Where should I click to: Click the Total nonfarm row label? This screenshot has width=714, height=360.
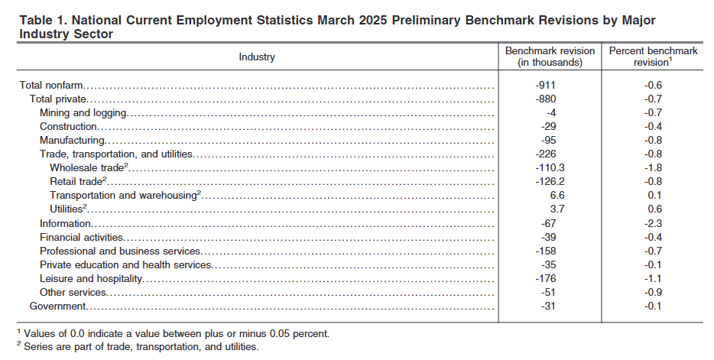pos(51,85)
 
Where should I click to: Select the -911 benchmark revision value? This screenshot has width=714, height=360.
pos(546,85)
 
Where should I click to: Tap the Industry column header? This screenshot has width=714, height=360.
pos(257,57)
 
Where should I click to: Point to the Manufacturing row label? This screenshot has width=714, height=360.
pos(73,140)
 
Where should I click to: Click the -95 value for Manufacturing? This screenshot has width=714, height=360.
pos(549,140)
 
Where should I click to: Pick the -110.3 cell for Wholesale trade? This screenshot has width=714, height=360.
pos(550,168)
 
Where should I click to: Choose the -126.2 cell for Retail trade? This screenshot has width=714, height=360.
pos(550,182)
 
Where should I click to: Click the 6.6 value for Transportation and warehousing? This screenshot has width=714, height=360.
pos(557,195)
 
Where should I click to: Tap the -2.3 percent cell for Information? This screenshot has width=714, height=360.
pos(653,223)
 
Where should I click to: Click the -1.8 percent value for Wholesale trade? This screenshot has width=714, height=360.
pos(653,168)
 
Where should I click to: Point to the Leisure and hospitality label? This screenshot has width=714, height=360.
pos(91,278)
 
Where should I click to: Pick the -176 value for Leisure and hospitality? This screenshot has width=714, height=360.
pos(546,278)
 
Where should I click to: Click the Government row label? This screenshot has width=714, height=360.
pos(57,306)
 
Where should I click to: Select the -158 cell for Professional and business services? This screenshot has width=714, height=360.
pos(546,251)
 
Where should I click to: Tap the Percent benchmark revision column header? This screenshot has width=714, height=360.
pos(653,57)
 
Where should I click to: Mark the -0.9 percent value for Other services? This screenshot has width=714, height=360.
pos(653,292)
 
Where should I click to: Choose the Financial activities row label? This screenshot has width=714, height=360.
pos(82,237)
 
